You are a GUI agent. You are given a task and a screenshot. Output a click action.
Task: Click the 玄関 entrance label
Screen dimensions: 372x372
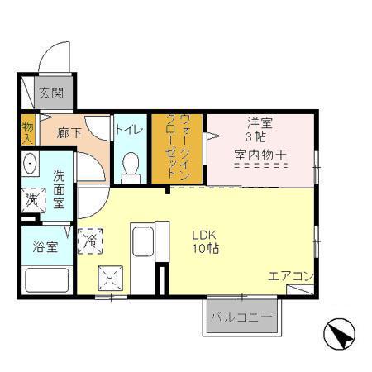click(51, 93)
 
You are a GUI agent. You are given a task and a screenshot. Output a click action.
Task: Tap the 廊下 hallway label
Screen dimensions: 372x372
click(69, 133)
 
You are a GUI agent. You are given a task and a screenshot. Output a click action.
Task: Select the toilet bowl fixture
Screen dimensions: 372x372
click(131, 167)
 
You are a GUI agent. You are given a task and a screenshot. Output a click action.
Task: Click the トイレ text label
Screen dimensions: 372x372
click(130, 130)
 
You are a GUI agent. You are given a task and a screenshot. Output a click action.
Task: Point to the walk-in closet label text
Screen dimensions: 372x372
click(178, 148)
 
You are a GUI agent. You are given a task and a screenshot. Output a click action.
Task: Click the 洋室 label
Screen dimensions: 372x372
click(260, 123)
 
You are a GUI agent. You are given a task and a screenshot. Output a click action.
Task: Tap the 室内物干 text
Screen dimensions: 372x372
click(260, 155)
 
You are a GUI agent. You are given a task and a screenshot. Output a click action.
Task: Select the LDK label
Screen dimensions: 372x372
click(204, 236)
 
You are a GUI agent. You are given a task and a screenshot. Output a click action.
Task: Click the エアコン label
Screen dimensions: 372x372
click(291, 276)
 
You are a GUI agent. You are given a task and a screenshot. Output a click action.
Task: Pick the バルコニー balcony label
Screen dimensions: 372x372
click(242, 317)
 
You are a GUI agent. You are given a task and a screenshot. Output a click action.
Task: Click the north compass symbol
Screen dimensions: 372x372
click(339, 334)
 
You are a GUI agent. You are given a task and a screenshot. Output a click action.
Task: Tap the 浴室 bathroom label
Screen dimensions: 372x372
click(45, 247)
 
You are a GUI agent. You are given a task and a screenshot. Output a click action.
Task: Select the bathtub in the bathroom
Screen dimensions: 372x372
click(47, 280)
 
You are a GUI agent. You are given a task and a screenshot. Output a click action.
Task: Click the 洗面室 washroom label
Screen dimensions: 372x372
click(59, 189)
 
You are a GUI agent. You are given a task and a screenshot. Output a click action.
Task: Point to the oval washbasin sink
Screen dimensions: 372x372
click(30, 164)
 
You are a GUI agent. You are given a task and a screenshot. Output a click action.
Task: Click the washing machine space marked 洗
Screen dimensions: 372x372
click(34, 200)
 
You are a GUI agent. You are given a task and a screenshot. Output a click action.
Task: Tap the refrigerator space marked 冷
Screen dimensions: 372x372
click(90, 241)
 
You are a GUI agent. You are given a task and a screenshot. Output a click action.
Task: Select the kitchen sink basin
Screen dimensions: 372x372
click(143, 241)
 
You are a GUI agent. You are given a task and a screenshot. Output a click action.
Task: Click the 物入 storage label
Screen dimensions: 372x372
click(28, 134)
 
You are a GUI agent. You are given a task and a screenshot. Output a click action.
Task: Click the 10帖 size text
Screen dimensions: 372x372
click(206, 249)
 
